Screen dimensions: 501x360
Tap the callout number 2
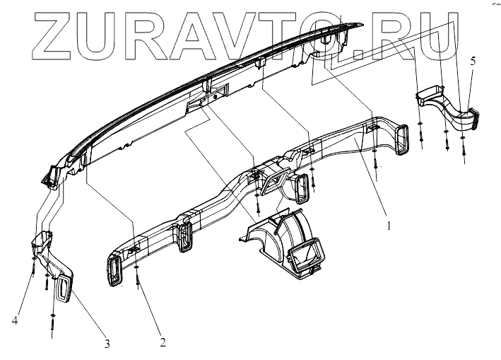point(163,343)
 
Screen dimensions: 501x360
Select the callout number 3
point(107,344)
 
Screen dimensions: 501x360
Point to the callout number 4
point(14,322)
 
